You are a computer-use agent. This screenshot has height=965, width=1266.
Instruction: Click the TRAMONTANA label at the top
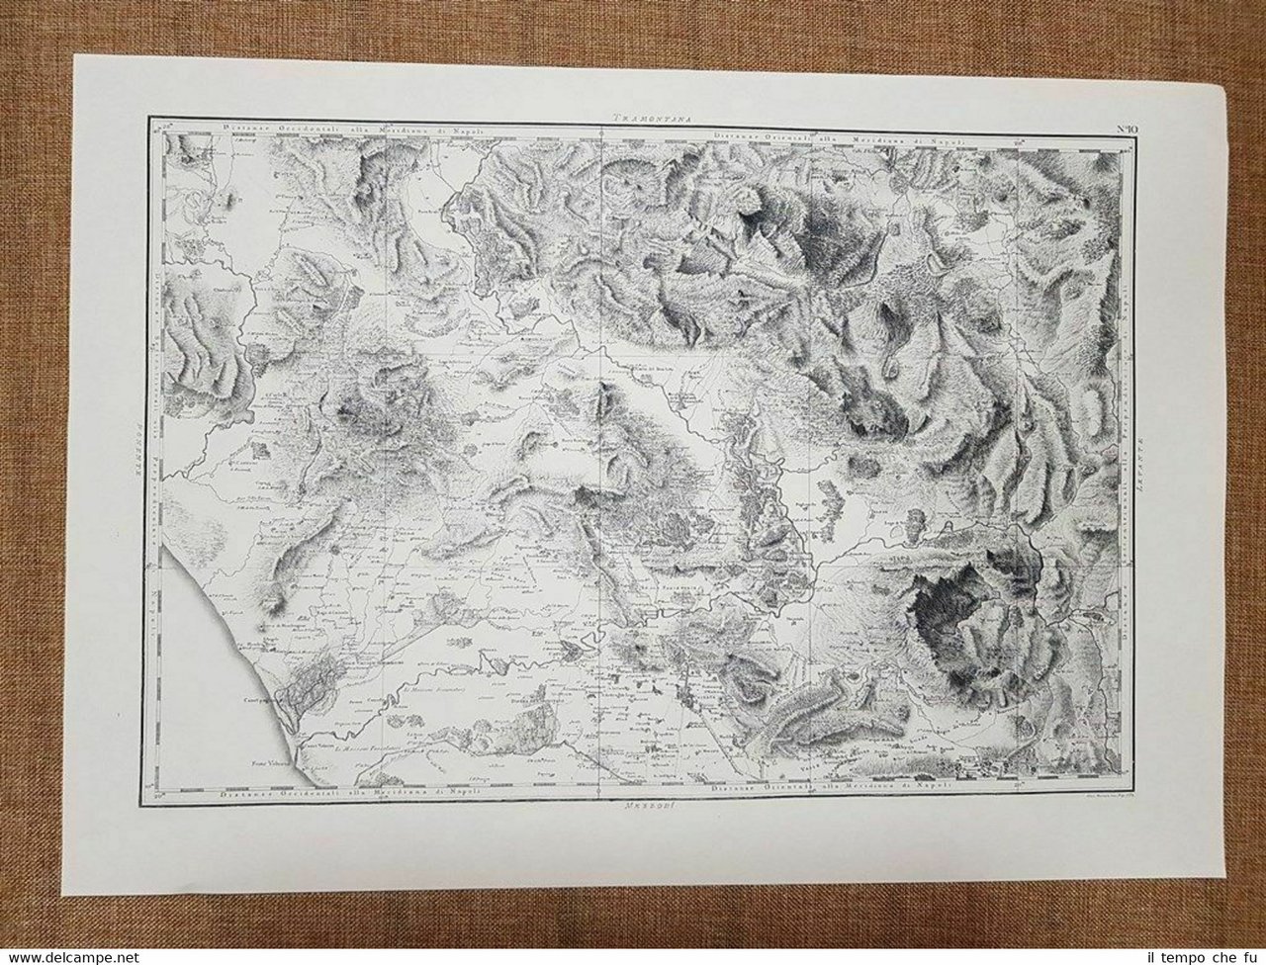pyautogui.click(x=649, y=116)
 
